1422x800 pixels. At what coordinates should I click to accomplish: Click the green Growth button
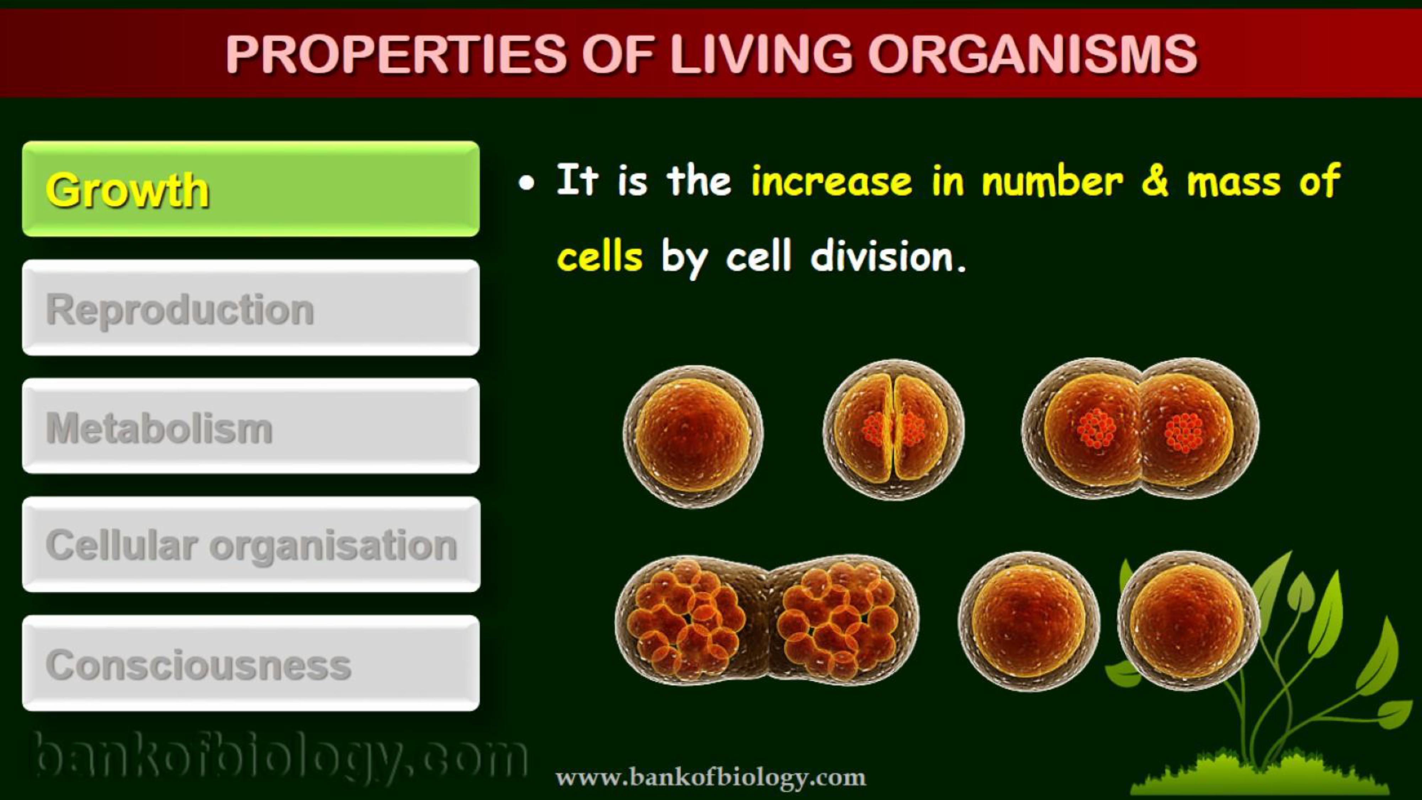(251, 189)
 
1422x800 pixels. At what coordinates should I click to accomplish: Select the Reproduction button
(251, 308)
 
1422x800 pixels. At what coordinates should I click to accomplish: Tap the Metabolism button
(251, 426)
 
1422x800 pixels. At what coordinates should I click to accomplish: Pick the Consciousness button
(251, 663)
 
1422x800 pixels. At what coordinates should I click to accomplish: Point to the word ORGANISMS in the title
(1033, 54)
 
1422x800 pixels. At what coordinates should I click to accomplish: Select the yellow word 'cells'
(600, 256)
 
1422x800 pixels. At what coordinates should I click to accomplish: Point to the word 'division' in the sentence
(882, 256)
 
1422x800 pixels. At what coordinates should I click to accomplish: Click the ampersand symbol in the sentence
(1155, 181)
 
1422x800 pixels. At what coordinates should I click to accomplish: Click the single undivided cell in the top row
(693, 436)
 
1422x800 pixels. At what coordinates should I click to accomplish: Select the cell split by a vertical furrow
(894, 430)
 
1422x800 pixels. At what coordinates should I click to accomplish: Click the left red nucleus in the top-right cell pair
(1096, 428)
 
